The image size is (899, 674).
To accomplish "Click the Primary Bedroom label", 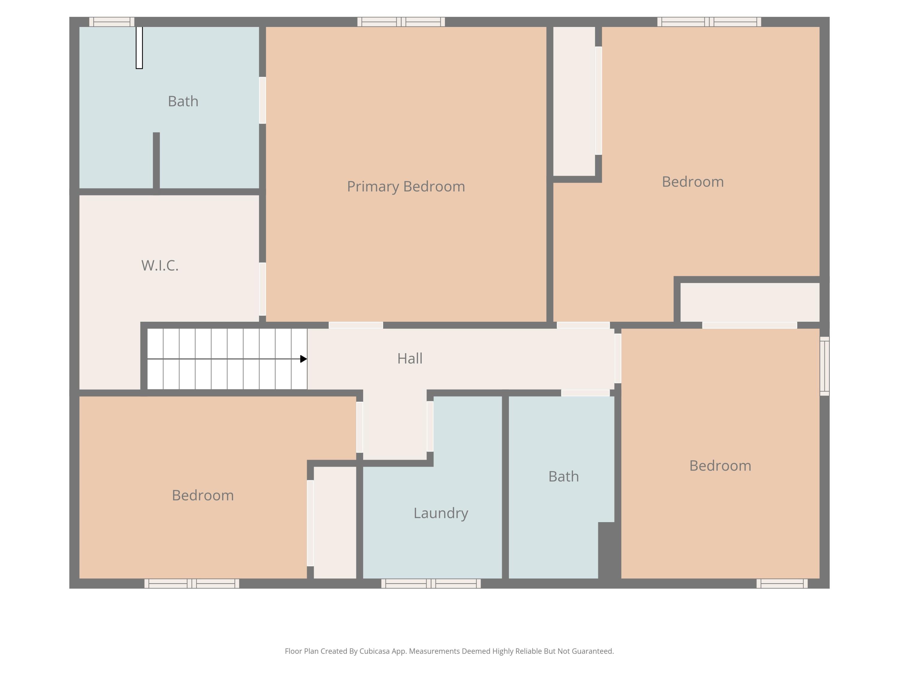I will tap(406, 187).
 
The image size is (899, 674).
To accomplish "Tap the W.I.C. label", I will tap(160, 265).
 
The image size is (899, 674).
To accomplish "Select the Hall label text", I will tap(410, 358).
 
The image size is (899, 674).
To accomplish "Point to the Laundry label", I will tap(441, 513).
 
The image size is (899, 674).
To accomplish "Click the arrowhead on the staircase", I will tap(303, 359).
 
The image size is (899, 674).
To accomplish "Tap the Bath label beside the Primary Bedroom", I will tap(183, 101).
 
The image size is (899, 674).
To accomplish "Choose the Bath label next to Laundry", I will tap(563, 476).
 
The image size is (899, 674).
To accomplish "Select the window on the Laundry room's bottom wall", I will tap(431, 584).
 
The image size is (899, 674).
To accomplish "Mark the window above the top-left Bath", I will tap(112, 22).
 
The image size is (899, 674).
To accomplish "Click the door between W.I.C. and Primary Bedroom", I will tap(263, 289).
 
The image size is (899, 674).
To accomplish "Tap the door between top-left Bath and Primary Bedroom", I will tap(263, 100).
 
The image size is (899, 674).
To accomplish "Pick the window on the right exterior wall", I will tap(824, 366).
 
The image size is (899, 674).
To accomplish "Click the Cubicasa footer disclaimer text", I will tap(449, 651).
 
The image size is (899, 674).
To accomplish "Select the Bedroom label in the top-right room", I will tap(693, 182).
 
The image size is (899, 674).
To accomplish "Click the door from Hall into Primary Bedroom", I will tap(356, 325).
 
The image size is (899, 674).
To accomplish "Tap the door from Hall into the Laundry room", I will tap(430, 426).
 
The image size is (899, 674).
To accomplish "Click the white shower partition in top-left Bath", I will tap(139, 48).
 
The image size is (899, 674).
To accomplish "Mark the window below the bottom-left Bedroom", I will tap(192, 584).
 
